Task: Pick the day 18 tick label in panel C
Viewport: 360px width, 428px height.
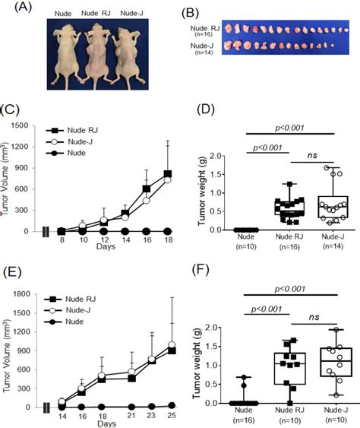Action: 167,241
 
